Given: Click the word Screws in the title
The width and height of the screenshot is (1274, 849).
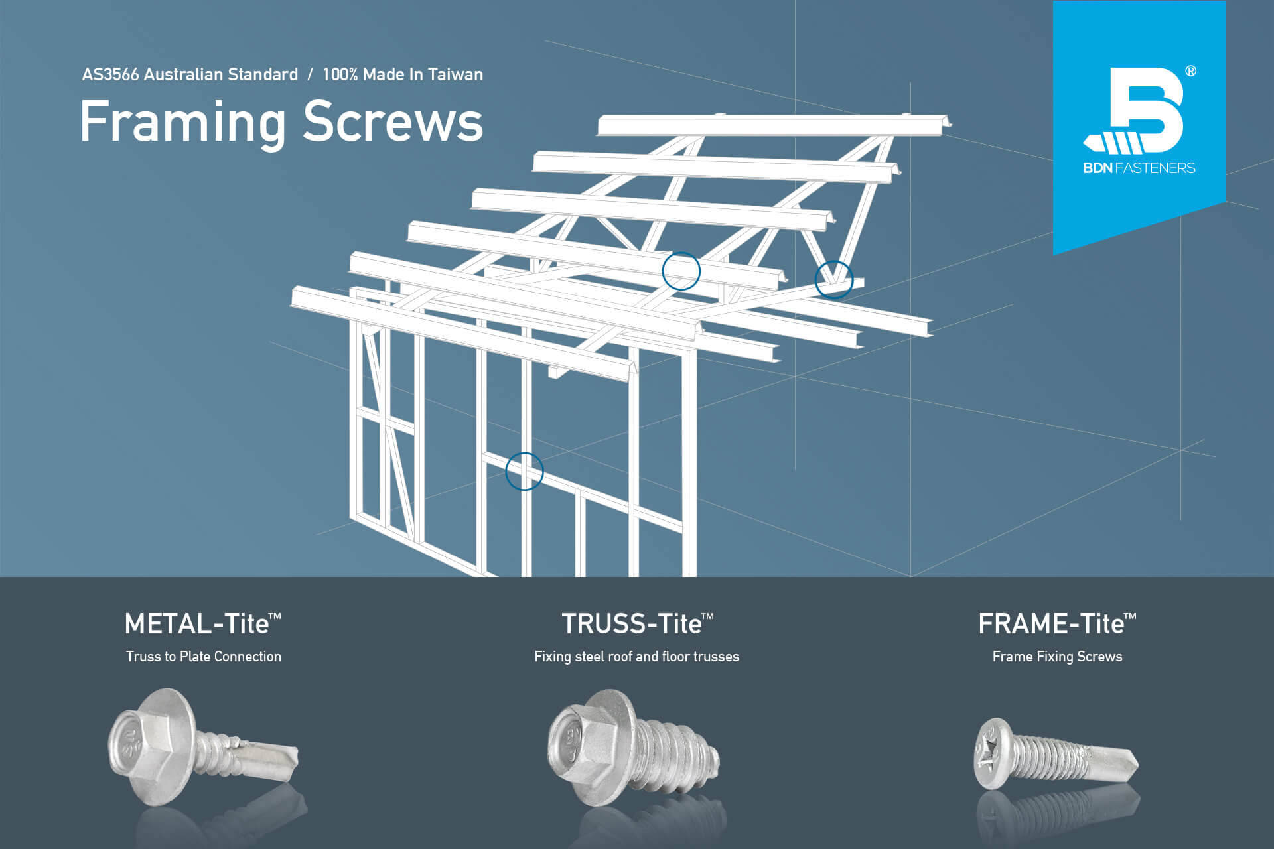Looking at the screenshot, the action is click(x=393, y=122).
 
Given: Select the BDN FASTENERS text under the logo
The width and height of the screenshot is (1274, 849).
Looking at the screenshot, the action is click(x=1139, y=168).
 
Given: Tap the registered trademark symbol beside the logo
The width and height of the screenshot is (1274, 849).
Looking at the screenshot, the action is click(x=1190, y=71).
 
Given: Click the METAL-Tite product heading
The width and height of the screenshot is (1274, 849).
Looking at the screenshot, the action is click(x=202, y=623).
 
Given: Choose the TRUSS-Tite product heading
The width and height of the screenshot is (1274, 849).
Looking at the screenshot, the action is click(x=637, y=623).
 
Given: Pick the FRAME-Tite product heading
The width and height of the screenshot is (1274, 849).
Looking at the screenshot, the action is click(x=1057, y=623).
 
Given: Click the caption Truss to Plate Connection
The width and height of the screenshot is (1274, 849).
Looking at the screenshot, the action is click(x=204, y=657).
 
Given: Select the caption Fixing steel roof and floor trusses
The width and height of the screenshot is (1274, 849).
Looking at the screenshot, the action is click(x=636, y=657).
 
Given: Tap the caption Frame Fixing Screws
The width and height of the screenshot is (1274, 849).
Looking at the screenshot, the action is click(x=1057, y=657).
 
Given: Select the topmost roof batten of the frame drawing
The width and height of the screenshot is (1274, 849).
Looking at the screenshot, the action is click(x=773, y=126).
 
